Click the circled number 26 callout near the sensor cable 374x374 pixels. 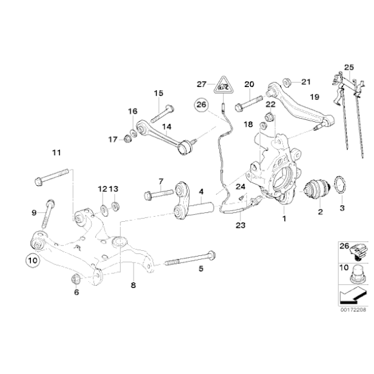click(x=201, y=104)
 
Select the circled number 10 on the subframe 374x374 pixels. click(x=32, y=261)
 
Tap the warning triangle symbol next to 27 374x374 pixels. click(x=222, y=82)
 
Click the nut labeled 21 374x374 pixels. click(x=289, y=82)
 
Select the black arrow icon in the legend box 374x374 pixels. click(x=348, y=295)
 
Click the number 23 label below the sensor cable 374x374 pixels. click(x=240, y=225)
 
